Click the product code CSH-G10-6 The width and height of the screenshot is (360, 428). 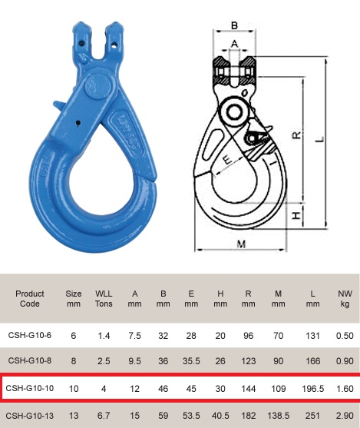pyautogui.click(x=29, y=335)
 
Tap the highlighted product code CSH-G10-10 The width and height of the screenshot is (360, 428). pyautogui.click(x=29, y=388)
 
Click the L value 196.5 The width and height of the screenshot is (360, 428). pyautogui.click(x=312, y=388)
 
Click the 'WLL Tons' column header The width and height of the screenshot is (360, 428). pyautogui.click(x=104, y=298)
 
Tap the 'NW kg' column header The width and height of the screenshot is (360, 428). pyautogui.click(x=345, y=298)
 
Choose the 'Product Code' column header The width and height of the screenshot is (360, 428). pyautogui.click(x=29, y=298)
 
